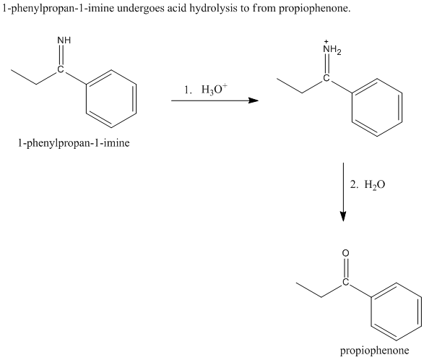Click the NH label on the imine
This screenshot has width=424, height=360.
[64, 40]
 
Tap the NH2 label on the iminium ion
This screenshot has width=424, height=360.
[332, 49]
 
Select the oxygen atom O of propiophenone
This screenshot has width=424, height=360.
[345, 253]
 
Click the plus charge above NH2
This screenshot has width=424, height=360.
[326, 42]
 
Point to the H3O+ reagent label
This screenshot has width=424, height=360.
[215, 90]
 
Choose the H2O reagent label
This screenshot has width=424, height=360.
[374, 185]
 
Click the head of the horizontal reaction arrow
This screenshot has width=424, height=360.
[254, 100]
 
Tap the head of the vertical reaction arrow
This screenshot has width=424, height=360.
[343, 216]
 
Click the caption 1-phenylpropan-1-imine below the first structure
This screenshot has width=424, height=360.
[74, 143]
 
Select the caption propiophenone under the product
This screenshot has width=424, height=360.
[374, 351]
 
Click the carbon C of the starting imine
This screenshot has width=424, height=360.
[61, 69]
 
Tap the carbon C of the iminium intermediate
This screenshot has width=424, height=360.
[326, 78]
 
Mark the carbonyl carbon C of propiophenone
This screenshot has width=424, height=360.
[345, 282]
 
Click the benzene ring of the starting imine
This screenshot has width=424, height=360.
[111, 98]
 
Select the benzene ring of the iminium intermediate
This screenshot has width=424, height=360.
[377, 107]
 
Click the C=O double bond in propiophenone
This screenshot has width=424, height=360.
[345, 267]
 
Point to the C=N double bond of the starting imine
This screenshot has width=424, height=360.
[61, 55]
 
